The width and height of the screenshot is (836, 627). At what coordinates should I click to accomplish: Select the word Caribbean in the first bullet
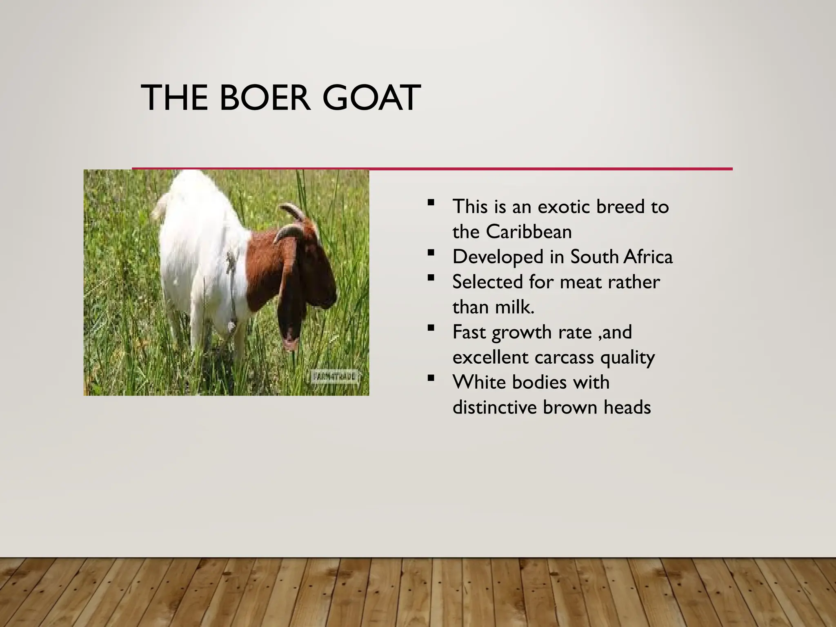(x=529, y=232)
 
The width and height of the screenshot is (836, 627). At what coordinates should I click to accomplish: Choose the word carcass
(x=564, y=357)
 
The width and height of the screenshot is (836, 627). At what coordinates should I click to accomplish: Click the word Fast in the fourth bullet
(x=469, y=332)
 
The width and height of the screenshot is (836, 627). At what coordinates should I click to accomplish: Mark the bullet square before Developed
(x=431, y=253)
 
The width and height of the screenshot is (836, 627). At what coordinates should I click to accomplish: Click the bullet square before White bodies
(x=431, y=378)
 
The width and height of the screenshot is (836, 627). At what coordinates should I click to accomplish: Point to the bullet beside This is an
(x=431, y=202)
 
